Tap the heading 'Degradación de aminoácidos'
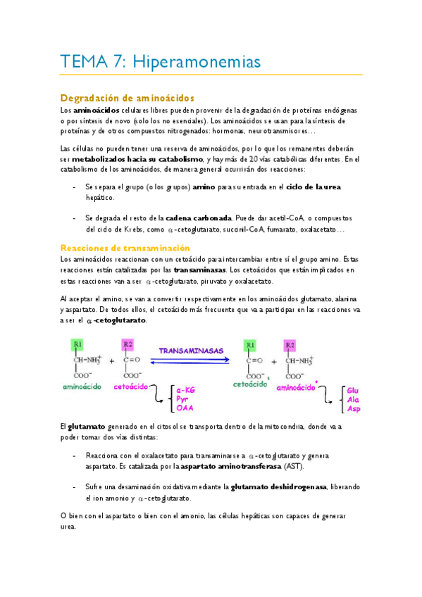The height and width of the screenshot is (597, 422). click(128, 98)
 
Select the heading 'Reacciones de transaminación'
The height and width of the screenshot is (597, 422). click(125, 248)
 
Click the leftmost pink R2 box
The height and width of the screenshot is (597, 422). click(128, 344)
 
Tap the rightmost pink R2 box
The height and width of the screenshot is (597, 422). click(289, 345)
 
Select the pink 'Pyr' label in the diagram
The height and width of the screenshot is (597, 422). click(183, 399)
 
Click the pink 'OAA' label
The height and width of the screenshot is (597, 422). click(185, 408)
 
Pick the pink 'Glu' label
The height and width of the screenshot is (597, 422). click(353, 390)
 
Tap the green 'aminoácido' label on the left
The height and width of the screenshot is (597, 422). click(82, 387)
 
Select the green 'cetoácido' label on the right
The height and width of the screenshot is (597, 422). click(249, 384)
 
